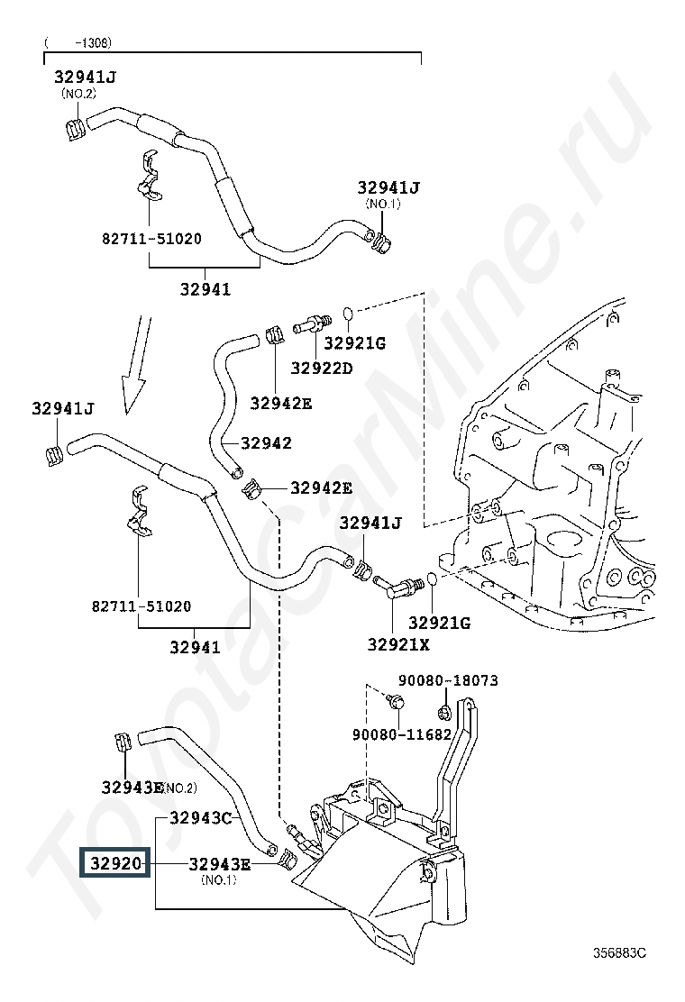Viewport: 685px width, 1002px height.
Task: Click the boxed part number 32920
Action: pos(115,863)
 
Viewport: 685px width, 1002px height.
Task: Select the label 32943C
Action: pos(201,818)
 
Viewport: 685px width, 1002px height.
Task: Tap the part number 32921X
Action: pos(398,645)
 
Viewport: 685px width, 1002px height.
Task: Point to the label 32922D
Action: pos(322,368)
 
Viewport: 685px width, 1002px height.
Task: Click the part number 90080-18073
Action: pos(449,680)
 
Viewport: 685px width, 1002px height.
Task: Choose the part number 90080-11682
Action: pos(402,735)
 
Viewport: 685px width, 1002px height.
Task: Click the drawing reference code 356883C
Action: pos(619,952)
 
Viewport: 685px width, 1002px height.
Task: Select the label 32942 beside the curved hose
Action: pos(266,442)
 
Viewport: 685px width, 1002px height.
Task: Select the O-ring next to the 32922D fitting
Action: pos(348,314)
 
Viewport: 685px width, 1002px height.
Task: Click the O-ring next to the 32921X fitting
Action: pos(433,579)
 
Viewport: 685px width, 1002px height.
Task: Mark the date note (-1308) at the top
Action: pos(78,43)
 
